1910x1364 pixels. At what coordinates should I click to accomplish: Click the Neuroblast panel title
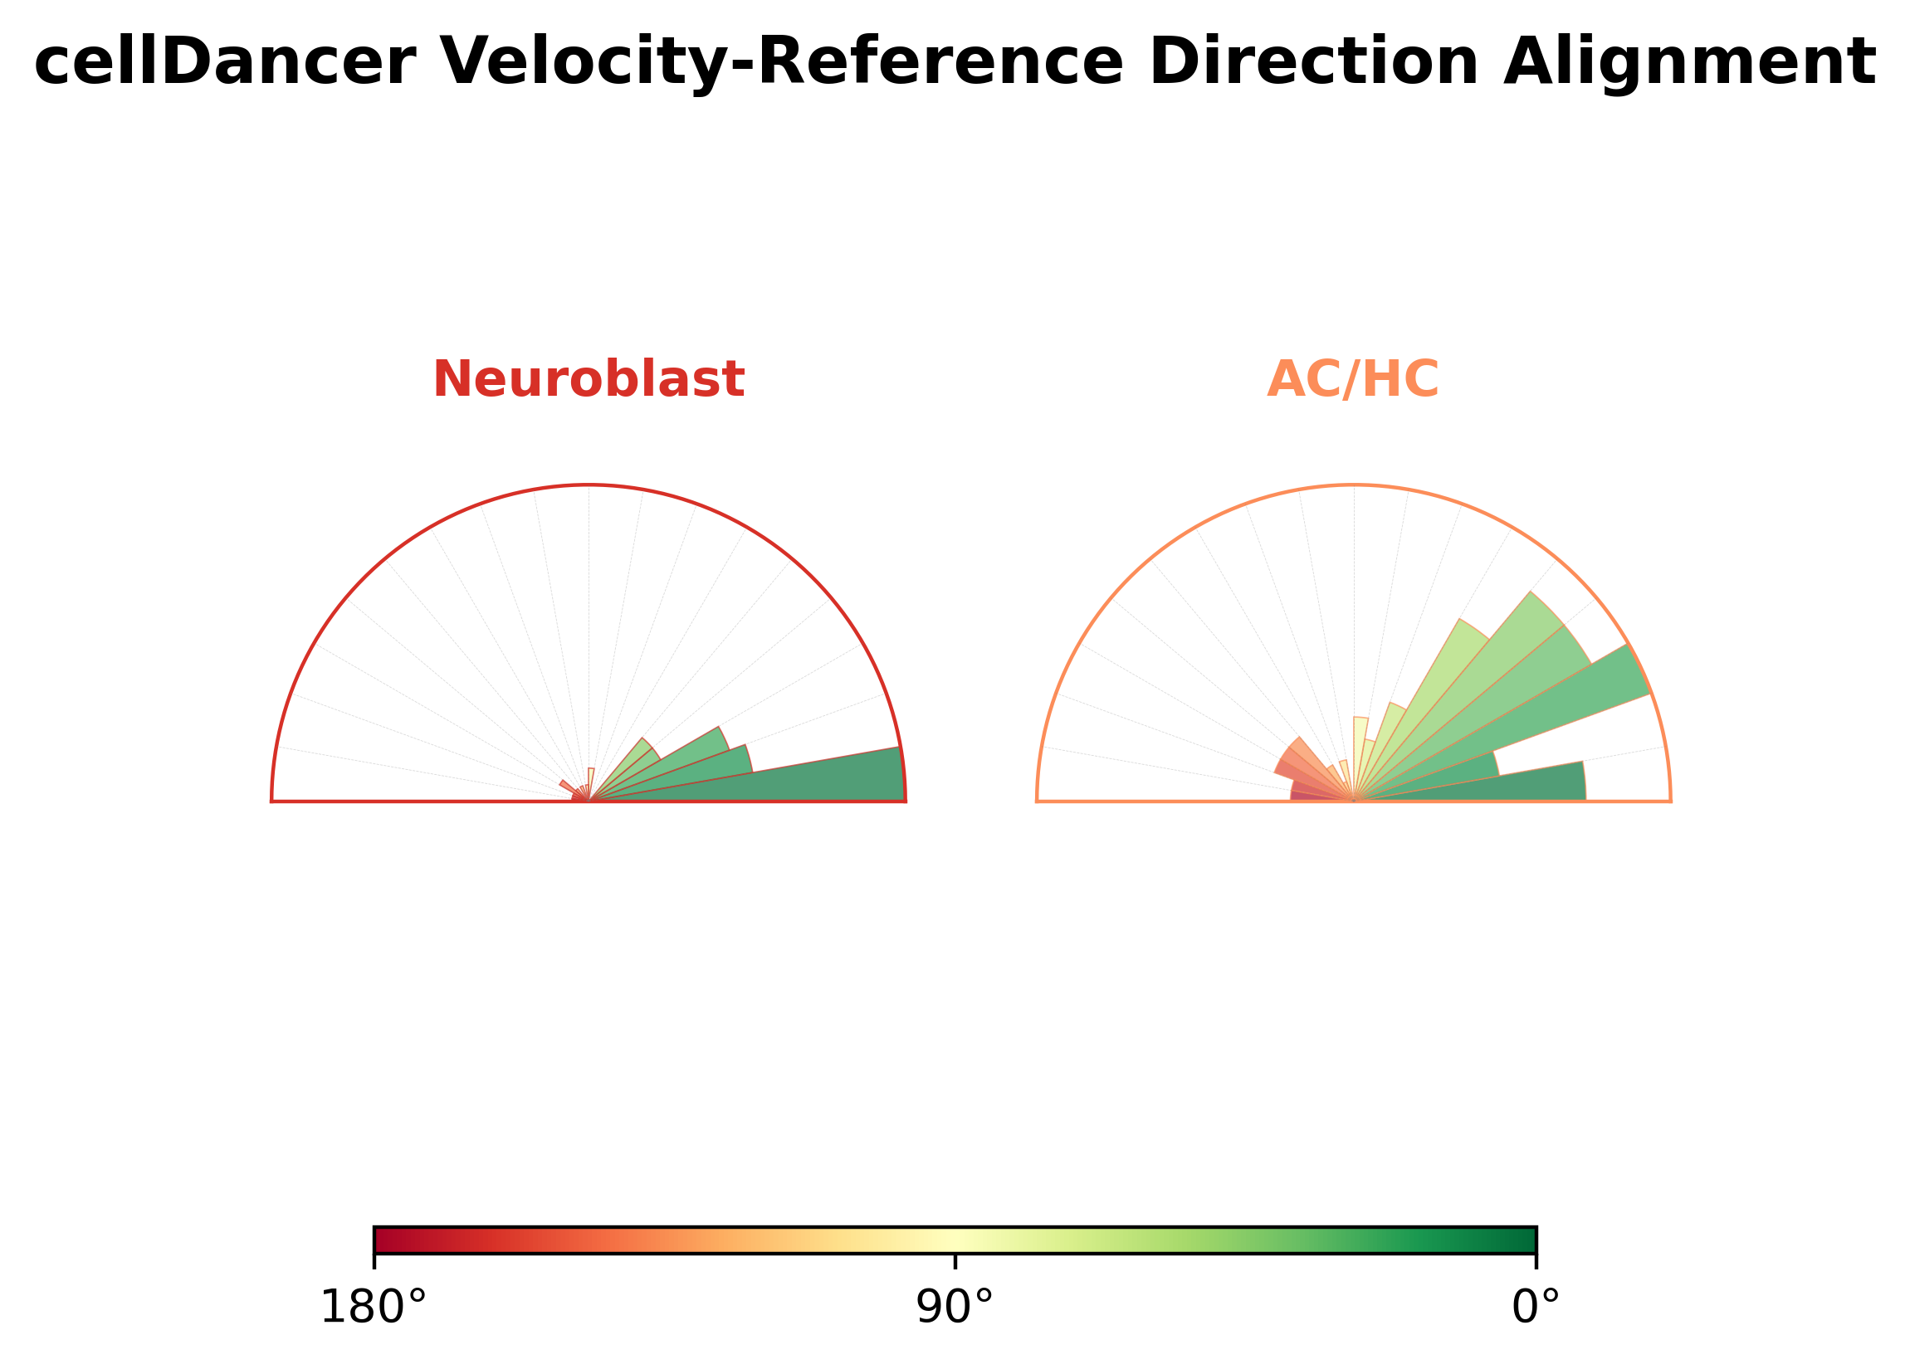point(589,379)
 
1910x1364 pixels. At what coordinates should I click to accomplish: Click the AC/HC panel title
point(1353,379)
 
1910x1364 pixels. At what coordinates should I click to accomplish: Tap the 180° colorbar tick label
point(374,1307)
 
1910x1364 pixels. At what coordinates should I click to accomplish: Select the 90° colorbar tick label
point(955,1307)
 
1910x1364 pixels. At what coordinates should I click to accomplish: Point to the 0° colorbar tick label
point(1536,1307)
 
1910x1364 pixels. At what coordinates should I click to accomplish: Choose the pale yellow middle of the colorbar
point(955,1240)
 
